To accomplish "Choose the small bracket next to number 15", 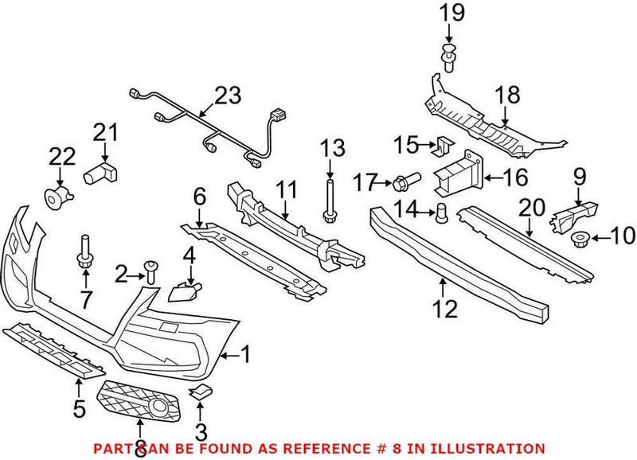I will coord(444,146).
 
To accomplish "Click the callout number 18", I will coord(508,96).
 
